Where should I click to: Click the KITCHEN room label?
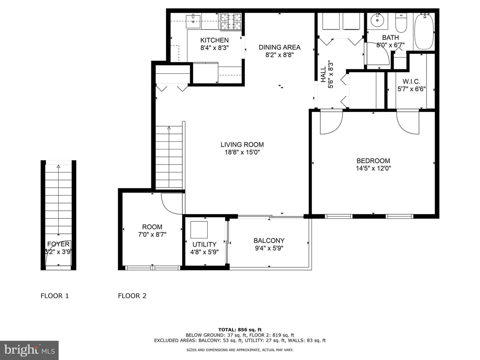214,40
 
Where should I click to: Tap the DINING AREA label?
279,47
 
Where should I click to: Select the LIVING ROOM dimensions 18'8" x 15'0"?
242,152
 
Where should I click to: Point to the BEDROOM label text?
373,161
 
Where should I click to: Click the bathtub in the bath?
424,31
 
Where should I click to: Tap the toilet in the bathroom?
401,23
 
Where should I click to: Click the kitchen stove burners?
231,21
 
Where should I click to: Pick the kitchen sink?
193,21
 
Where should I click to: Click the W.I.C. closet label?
411,82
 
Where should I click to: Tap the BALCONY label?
269,241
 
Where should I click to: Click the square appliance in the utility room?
199,230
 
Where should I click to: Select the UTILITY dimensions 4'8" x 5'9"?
204,252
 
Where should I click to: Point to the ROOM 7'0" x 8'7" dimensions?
152,235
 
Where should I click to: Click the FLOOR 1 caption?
55,296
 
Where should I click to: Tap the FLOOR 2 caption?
132,296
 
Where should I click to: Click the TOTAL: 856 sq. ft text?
240,330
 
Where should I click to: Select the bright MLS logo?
29,350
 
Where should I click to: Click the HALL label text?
323,75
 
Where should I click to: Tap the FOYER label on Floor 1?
58,244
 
